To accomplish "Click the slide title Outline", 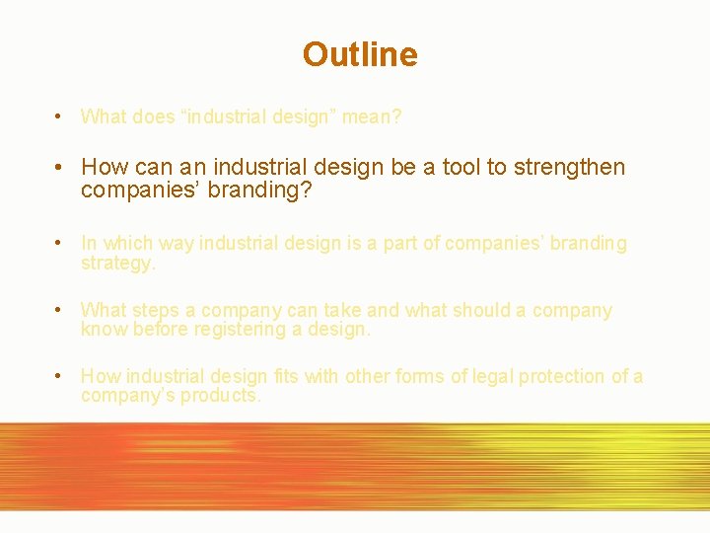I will pos(360,54).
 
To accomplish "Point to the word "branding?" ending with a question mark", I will pos(264,190).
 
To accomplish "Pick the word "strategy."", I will pos(117,264).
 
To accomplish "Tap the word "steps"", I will pos(159,311).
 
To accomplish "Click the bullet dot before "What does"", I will pos(60,116).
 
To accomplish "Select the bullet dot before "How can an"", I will pos(60,167).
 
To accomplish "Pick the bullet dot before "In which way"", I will pos(60,243).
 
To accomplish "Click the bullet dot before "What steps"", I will pos(60,310).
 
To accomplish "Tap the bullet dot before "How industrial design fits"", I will pos(60,376).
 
